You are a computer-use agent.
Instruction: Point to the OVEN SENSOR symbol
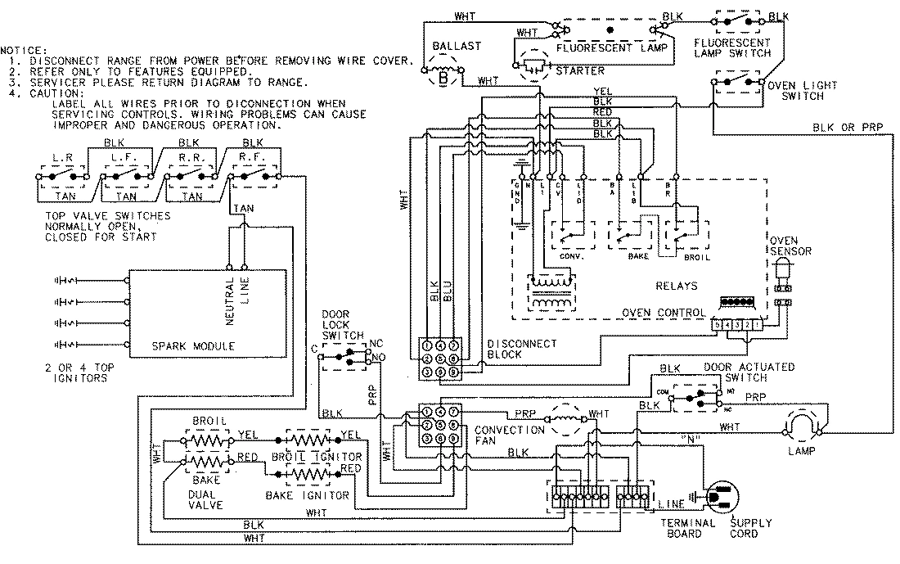781,275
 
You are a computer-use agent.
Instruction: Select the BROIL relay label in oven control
696,256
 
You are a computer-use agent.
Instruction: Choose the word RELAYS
677,287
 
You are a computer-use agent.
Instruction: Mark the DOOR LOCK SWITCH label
336,324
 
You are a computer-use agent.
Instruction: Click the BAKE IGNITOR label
307,495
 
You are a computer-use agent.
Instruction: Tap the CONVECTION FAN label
510,435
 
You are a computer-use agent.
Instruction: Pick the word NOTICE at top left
25,51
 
